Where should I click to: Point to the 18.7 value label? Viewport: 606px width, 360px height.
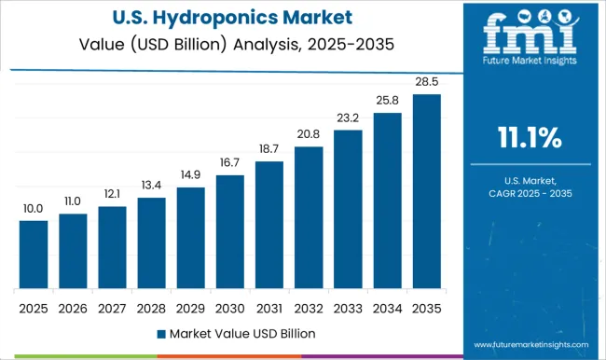point(269,149)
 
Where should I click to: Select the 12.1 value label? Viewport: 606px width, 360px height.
point(112,194)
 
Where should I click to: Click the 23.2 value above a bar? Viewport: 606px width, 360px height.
point(348,118)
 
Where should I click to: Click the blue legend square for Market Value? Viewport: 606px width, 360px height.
point(160,333)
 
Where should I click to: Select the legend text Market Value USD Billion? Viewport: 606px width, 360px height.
point(241,333)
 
